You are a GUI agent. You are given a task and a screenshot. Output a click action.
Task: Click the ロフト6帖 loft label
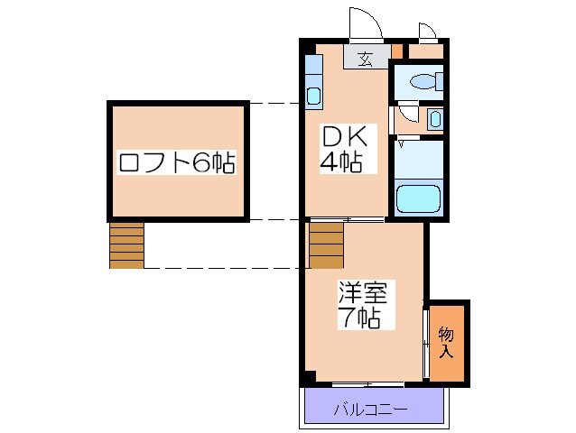click(x=177, y=163)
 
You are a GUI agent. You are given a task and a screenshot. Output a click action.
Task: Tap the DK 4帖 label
click(x=342, y=150)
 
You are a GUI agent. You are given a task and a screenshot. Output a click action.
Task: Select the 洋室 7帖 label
click(x=361, y=305)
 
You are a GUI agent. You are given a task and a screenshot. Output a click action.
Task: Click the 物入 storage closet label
click(x=446, y=343)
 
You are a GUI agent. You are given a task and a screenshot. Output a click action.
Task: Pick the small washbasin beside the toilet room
click(x=435, y=118)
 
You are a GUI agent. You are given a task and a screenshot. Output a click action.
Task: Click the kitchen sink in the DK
click(x=314, y=96)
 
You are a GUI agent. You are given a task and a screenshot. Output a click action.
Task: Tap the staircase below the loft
click(x=126, y=245)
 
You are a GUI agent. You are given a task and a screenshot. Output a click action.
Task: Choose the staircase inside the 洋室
click(x=326, y=245)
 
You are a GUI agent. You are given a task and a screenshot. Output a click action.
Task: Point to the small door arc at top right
click(x=428, y=33)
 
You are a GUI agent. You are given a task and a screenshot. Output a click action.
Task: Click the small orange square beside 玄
click(x=397, y=51)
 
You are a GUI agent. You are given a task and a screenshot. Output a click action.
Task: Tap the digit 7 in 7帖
click(x=346, y=318)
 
